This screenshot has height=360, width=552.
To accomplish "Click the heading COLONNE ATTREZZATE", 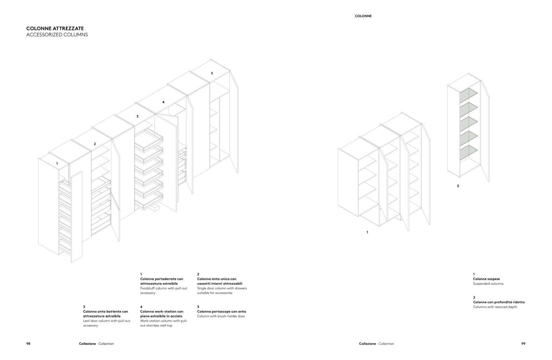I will tap(55, 28).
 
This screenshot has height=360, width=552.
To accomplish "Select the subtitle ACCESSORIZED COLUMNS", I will tap(57, 35).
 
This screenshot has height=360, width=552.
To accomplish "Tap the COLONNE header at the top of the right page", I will tap(363, 16).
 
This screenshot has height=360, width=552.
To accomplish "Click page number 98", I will tap(28, 344).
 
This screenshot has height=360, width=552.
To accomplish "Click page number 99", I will tap(523, 344).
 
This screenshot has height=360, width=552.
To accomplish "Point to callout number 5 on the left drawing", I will tap(212, 73).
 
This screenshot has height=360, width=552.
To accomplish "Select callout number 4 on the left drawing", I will tap(163, 102).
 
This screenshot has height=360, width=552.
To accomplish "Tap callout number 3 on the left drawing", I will tap(137, 116).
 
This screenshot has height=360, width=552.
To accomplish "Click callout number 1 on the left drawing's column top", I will tap(57, 163).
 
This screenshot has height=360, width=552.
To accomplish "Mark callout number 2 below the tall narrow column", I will tap(458, 186).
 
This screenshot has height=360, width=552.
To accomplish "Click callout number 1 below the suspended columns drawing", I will tap(367, 232).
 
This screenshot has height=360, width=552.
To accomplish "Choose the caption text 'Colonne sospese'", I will tap(486, 279).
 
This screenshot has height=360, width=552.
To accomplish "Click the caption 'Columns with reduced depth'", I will tap(495, 307).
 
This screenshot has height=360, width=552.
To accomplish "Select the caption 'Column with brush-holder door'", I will tap(221, 316).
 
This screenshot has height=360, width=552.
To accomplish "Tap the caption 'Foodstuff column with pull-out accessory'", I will tap(164, 290).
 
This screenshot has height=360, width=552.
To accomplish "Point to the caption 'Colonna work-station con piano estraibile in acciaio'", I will tap(162, 314).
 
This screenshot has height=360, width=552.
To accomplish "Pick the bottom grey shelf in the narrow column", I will tap(468, 152).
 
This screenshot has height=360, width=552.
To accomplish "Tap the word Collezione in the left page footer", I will tap(87, 344).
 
